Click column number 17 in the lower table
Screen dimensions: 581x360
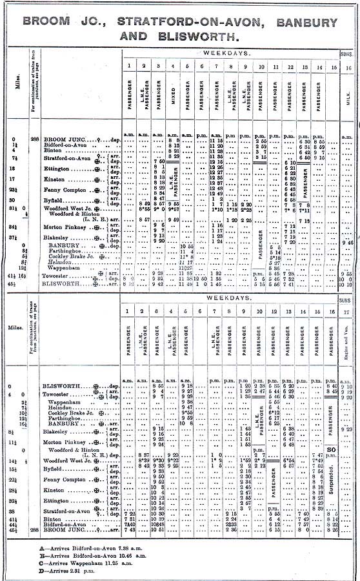pyautogui.click(x=348, y=312)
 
